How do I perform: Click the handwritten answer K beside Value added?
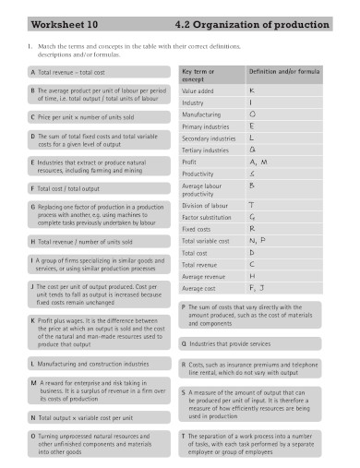252,90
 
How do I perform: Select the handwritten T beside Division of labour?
253,205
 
